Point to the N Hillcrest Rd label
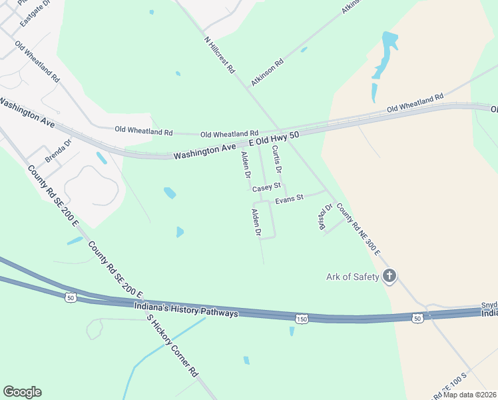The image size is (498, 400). pyautogui.click(x=220, y=55)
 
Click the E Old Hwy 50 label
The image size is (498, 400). pyautogui.click(x=276, y=138)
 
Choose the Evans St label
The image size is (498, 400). pyautogui.click(x=290, y=198)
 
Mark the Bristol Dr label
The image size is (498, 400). pyautogui.click(x=325, y=217)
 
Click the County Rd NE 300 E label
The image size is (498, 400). pyautogui.click(x=358, y=229)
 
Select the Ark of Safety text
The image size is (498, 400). pyautogui.click(x=352, y=277)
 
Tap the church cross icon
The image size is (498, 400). pyautogui.click(x=389, y=276)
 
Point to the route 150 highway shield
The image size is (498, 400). pyautogui.click(x=302, y=319)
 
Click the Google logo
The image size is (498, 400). pyautogui.click(x=22, y=392)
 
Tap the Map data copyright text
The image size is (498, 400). pyautogui.click(x=470, y=395)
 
